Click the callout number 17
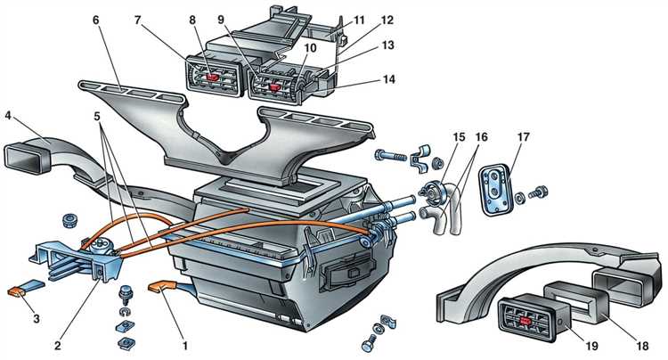(523, 137)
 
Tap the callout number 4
(8, 115)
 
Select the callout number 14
(388, 79)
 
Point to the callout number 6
(95, 20)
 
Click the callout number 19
(591, 346)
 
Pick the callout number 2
(58, 345)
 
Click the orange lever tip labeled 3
(17, 291)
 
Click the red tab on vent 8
(212, 78)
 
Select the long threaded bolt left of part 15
(391, 156)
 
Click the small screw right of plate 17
(538, 192)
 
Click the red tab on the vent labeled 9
(274, 87)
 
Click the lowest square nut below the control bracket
(126, 343)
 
